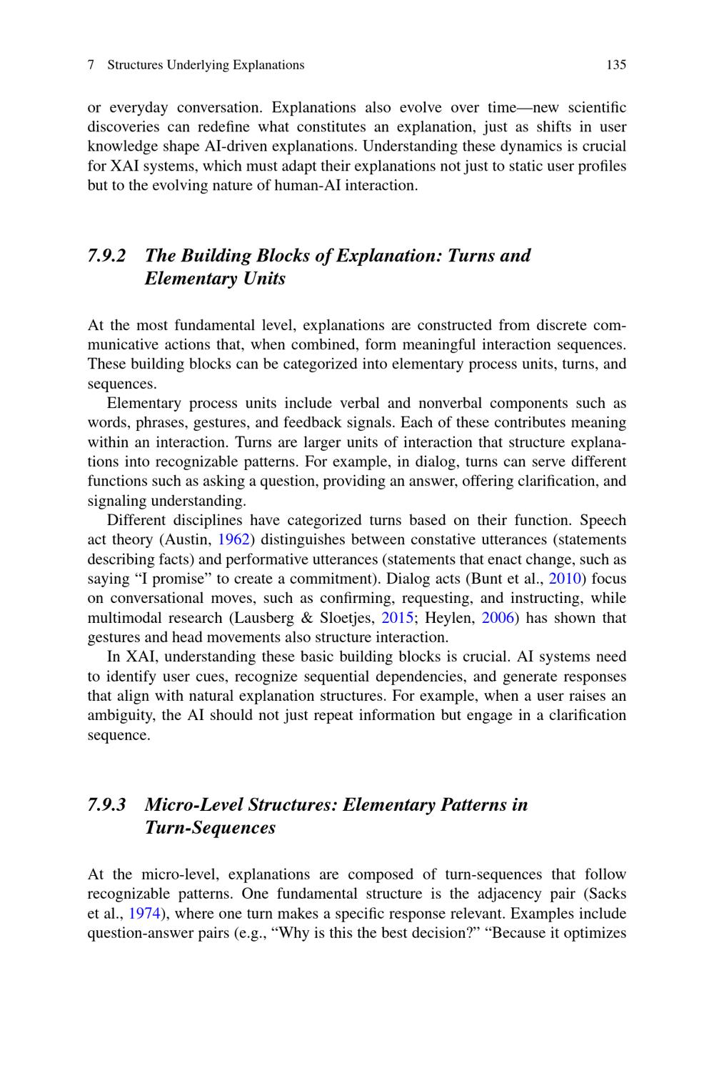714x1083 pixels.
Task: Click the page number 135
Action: (615, 65)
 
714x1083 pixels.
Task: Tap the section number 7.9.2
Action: (107, 256)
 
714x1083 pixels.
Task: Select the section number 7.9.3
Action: (107, 805)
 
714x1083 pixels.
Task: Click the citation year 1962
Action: (233, 540)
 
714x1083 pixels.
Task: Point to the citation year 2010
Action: (563, 579)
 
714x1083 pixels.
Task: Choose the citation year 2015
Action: (398, 618)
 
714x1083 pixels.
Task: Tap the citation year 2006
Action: (498, 618)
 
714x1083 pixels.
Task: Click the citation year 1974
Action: (144, 914)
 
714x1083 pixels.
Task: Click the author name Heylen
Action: (450, 618)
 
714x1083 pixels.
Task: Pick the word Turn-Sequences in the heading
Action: (210, 828)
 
